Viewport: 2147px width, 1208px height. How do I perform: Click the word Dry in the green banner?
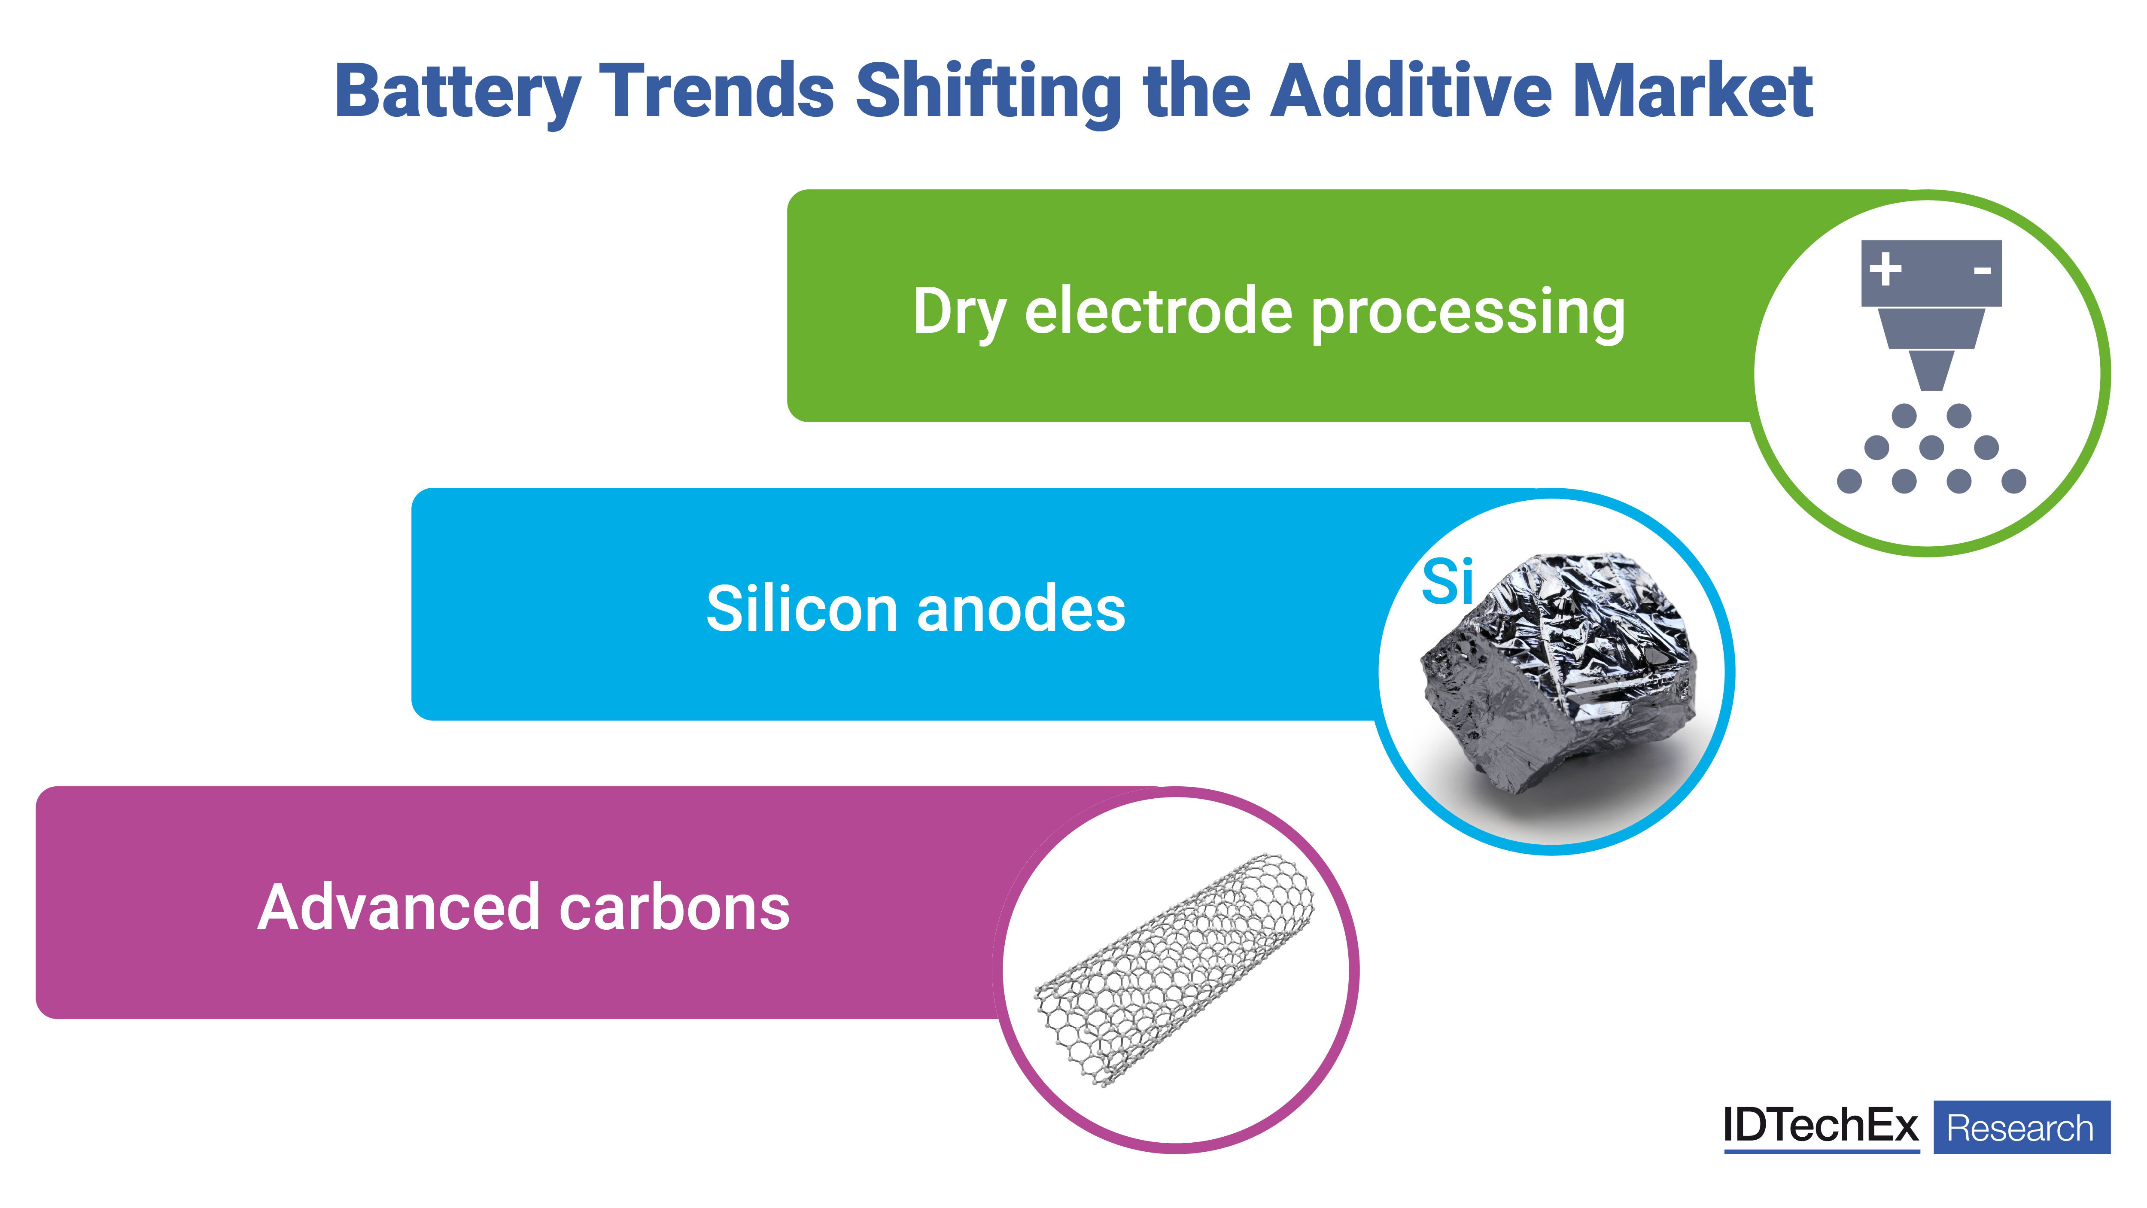click(x=958, y=313)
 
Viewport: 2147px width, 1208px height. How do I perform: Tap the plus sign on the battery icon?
click(x=1885, y=269)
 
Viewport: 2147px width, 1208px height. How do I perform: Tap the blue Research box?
click(x=2021, y=1127)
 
